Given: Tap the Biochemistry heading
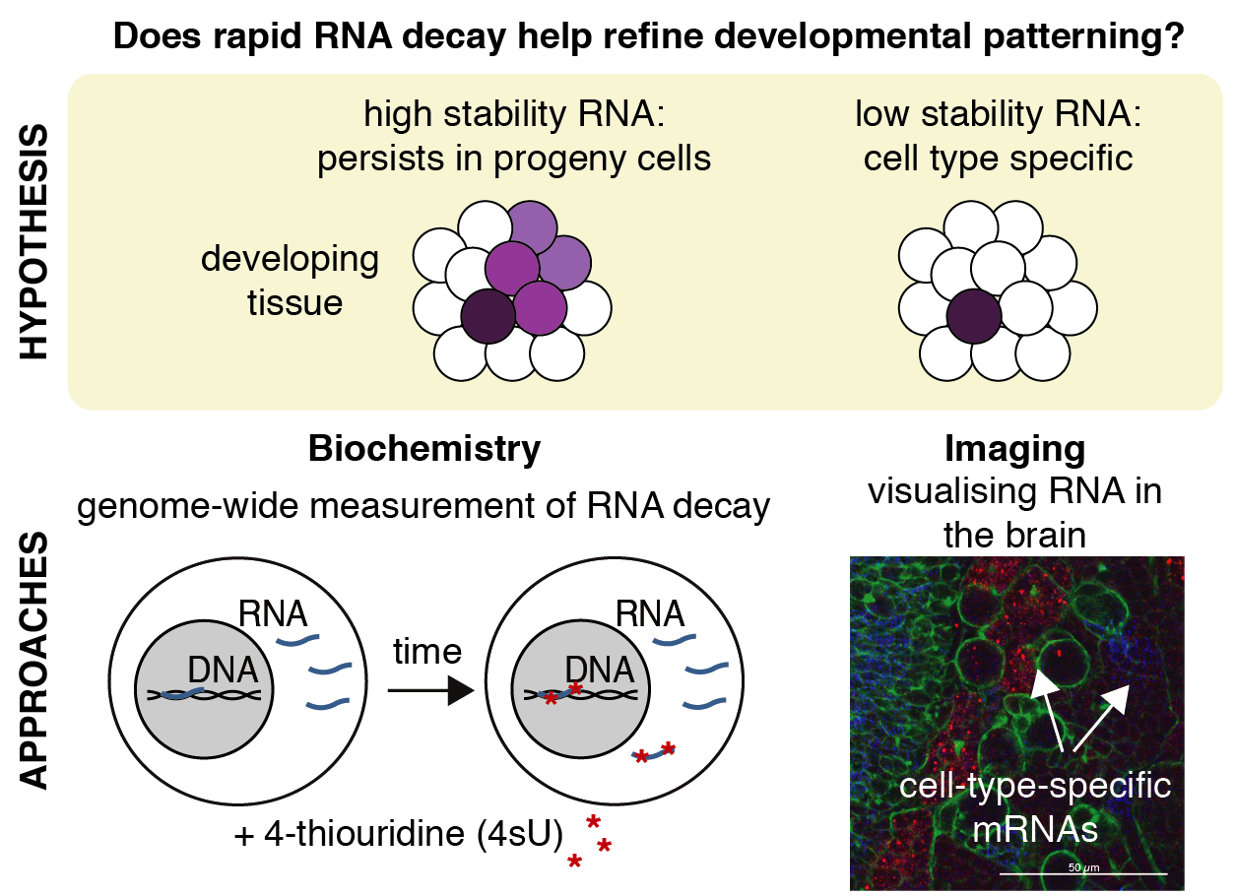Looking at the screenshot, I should click(424, 449).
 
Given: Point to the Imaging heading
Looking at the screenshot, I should click(1014, 449).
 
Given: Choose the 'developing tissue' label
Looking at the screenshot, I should click(290, 281).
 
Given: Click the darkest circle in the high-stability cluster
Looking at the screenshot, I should click(488, 316).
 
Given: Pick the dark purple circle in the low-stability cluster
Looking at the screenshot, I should click(974, 316).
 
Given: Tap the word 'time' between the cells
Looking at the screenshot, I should click(426, 651).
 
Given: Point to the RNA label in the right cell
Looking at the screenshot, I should click(648, 613).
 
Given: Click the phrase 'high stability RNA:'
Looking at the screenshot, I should click(515, 116).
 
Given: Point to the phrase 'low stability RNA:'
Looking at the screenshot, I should click(998, 116).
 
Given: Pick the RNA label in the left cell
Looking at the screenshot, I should click(273, 613).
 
